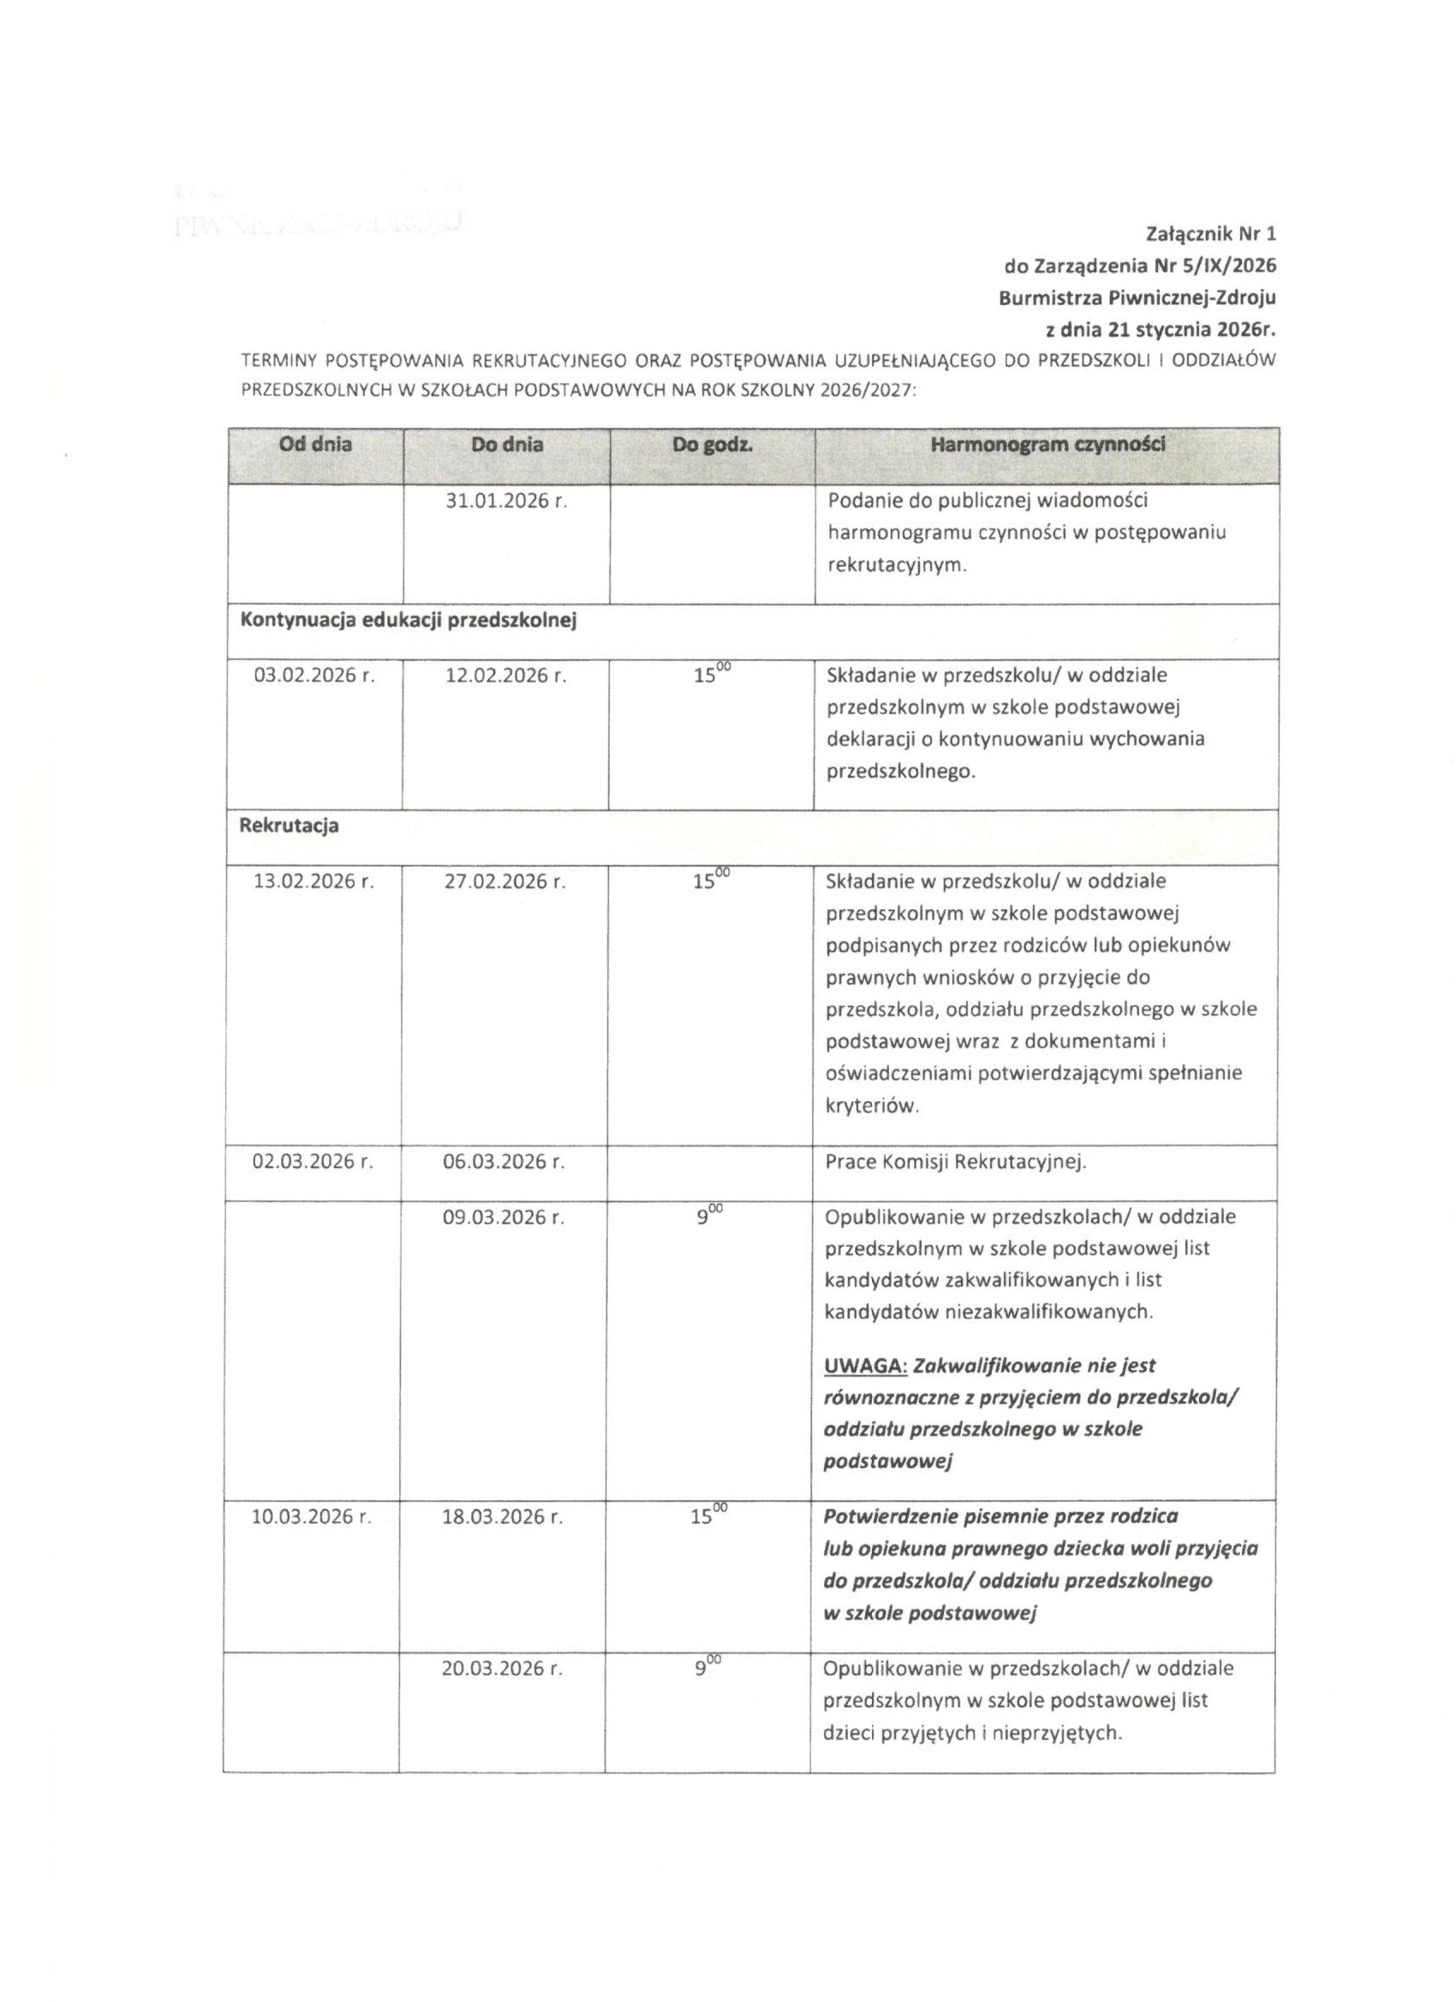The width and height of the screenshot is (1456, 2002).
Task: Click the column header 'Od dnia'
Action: coord(315,445)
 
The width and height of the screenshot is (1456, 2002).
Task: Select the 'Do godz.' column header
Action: coord(712,445)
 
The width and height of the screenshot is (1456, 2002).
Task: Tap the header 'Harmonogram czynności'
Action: coord(1047,445)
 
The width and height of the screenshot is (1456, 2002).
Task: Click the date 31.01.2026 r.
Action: coord(506,502)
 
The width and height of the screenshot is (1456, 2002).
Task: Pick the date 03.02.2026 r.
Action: coord(314,676)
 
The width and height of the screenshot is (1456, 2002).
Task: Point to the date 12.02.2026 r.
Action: coord(505,676)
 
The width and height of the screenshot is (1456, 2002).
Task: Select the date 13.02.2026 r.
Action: coord(314,882)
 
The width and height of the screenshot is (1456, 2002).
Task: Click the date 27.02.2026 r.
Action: coord(505,882)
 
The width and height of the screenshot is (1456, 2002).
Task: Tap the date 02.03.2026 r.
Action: coord(313,1162)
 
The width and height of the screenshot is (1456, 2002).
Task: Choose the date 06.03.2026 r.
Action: coord(504,1162)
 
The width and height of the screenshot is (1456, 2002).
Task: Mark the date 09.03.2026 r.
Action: coord(504,1218)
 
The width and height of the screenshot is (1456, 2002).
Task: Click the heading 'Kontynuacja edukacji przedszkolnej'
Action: coord(408,621)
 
